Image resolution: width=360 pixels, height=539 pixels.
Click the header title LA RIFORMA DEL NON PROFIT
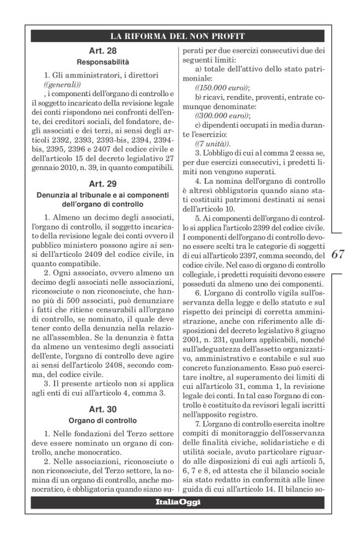[x=174, y=35]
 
